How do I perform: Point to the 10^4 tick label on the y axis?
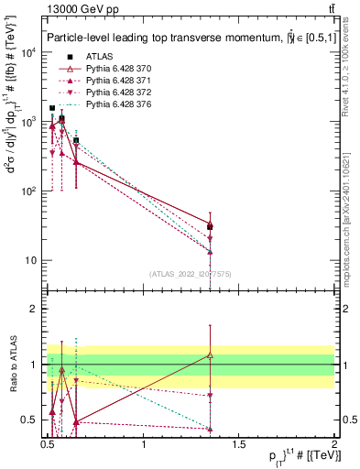[27, 52]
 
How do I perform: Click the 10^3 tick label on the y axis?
[27, 122]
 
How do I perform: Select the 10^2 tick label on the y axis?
[27, 191]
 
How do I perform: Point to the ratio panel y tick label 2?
[34, 309]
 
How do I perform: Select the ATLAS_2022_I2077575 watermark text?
[191, 274]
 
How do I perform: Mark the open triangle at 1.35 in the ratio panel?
[211, 354]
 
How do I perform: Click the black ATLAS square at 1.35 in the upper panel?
[211, 226]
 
